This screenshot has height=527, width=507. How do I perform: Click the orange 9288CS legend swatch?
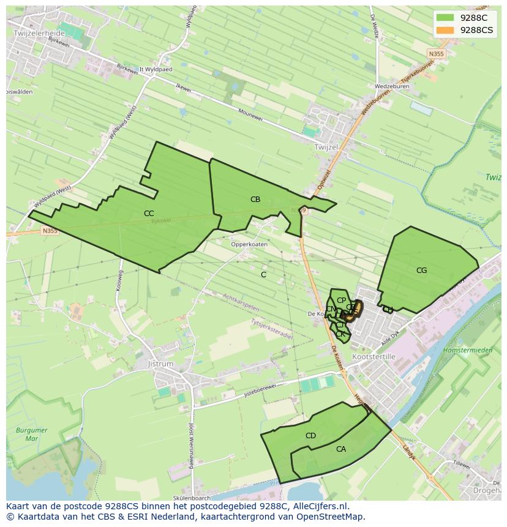click(x=446, y=30)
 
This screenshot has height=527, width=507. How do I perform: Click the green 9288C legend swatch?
click(x=446, y=17)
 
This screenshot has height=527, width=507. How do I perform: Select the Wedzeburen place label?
click(x=392, y=86)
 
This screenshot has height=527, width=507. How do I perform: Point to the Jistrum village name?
click(x=161, y=364)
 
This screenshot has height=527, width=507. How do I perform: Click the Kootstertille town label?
click(x=374, y=356)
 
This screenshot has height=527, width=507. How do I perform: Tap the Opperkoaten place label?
click(x=249, y=244)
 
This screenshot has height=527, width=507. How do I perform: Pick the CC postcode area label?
click(x=149, y=214)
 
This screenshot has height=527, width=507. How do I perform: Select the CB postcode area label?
click(x=255, y=200)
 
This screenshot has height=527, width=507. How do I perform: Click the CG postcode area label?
click(x=421, y=271)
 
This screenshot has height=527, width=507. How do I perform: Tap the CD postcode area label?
click(x=310, y=436)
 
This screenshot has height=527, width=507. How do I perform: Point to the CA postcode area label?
click(x=341, y=449)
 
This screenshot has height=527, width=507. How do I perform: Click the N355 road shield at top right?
click(x=437, y=54)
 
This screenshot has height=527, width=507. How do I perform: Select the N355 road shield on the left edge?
click(x=50, y=231)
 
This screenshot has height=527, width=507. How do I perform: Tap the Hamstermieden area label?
click(x=468, y=350)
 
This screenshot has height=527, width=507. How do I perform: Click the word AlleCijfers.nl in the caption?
click(x=320, y=506)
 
